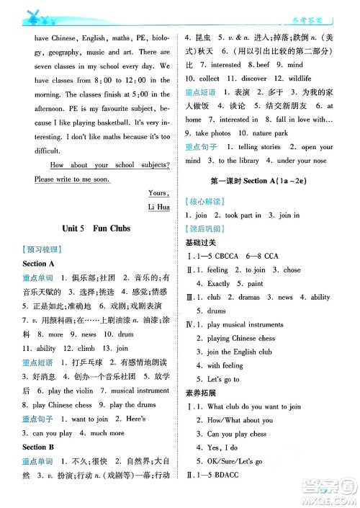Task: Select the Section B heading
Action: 37,447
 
